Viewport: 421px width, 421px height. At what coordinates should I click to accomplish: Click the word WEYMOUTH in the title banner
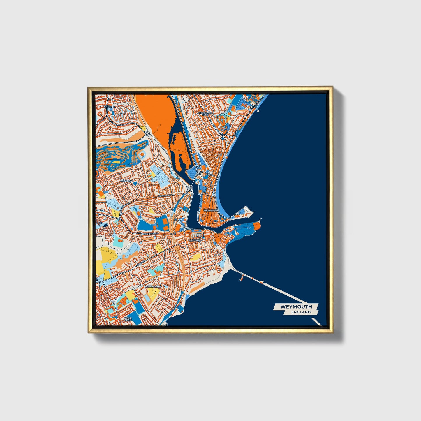click(x=296, y=306)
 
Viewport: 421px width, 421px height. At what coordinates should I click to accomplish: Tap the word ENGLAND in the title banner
click(x=301, y=312)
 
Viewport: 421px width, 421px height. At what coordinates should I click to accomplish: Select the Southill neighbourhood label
click(x=110, y=107)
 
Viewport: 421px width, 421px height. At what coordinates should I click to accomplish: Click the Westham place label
click(x=126, y=181)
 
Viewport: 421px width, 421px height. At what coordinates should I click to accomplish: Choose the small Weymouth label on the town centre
click(x=210, y=210)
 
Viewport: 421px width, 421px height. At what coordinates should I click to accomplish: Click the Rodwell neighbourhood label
click(x=195, y=240)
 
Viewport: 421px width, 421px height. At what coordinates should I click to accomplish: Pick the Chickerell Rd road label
click(x=150, y=234)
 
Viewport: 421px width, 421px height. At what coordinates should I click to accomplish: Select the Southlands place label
click(x=153, y=286)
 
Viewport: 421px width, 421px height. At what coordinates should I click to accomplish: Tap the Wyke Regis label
click(x=128, y=319)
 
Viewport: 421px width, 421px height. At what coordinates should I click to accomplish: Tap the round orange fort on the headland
click(x=257, y=226)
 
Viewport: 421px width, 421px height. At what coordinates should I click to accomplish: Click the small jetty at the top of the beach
click(x=258, y=110)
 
